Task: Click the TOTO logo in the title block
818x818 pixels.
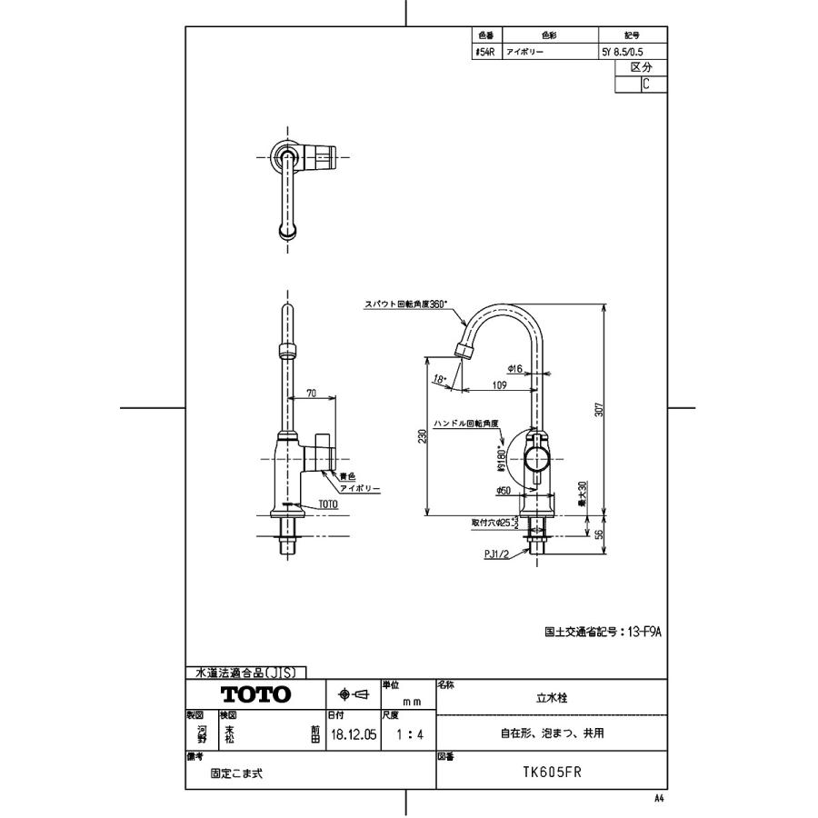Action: coord(256,695)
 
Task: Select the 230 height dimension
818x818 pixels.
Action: coord(423,436)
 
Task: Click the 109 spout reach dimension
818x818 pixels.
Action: coord(498,385)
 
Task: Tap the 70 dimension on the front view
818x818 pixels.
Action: coord(311,394)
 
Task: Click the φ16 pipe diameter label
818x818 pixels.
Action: coord(514,368)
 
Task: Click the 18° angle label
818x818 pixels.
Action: coord(440,378)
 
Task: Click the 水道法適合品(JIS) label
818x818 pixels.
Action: coord(245,673)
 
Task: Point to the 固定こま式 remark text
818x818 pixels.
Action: coord(238,774)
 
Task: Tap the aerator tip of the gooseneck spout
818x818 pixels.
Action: coord(463,350)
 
